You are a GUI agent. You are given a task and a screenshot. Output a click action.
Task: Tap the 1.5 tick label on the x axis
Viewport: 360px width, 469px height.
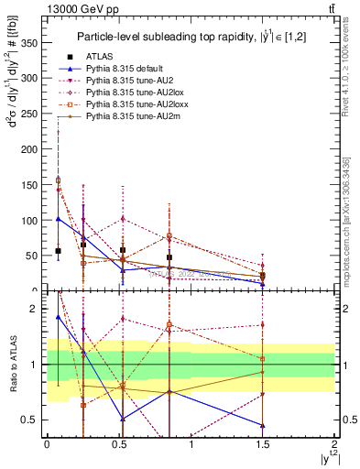coord(262,442)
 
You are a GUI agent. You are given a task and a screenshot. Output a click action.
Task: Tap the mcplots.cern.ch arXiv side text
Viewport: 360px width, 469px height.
coord(347,220)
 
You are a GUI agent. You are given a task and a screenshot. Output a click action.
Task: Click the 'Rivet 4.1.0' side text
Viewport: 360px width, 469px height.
coord(347,82)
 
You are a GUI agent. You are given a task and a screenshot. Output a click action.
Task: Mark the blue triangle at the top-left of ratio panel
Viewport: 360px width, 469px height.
coord(58,317)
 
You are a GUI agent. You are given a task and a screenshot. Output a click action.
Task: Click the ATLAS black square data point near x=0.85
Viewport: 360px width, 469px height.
coord(169,257)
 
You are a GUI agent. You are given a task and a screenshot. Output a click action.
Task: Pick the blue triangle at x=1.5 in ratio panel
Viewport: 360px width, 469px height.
coord(262,425)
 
